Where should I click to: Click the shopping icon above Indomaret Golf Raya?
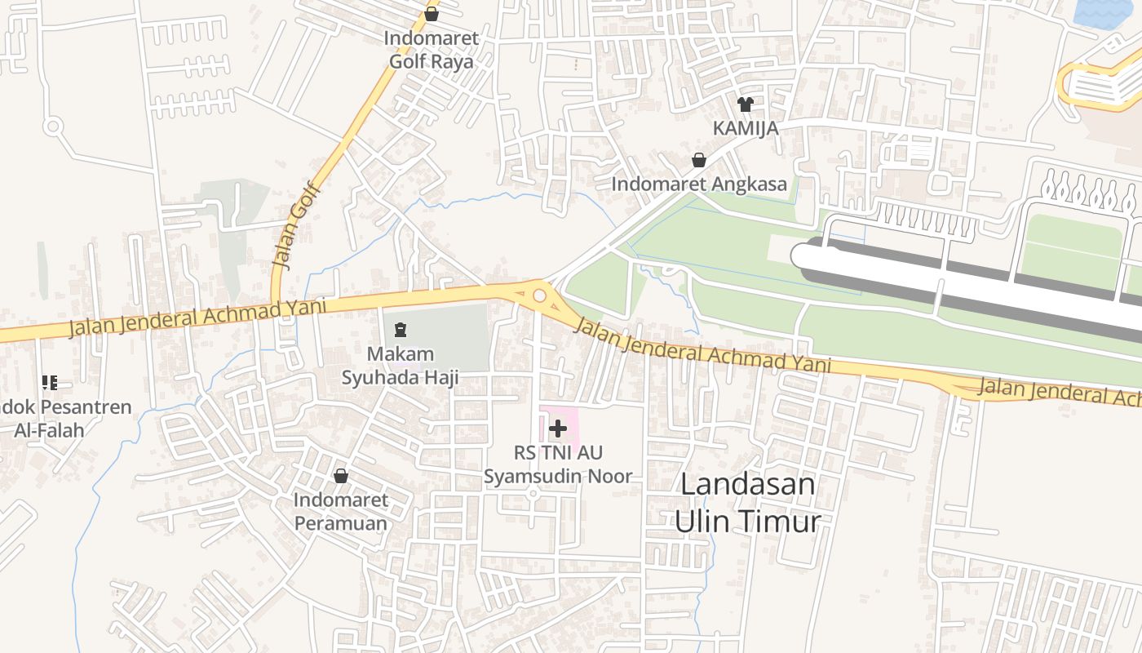point(432,14)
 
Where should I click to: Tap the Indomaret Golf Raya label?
point(432,50)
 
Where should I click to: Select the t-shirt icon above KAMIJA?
point(745,104)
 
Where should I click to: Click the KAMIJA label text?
point(745,128)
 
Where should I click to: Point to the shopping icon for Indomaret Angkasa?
point(699,160)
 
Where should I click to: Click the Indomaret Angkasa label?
point(699,184)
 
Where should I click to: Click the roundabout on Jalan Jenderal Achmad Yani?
point(539,295)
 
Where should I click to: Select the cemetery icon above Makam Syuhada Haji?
point(400,330)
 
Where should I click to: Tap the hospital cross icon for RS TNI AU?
point(558,428)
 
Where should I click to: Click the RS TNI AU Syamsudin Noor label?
point(558,464)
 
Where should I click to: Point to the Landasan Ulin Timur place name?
point(747,502)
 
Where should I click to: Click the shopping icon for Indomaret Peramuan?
point(341,476)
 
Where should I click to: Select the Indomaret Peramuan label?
point(341,511)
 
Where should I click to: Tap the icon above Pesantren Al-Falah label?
point(49,382)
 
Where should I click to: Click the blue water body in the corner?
point(1107,12)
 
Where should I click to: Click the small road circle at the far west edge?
point(54,127)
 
